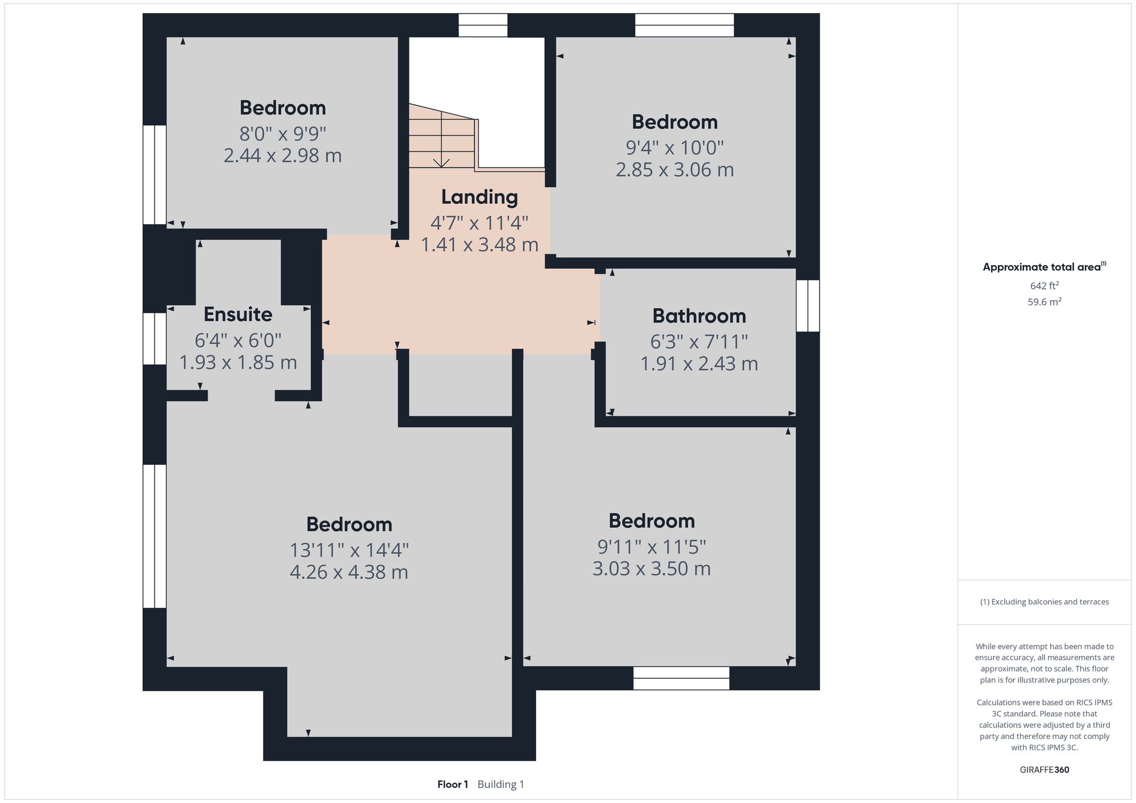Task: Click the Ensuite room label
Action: point(238,314)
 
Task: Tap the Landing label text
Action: point(479,197)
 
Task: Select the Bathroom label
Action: point(699,316)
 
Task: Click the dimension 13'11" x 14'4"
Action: point(349,550)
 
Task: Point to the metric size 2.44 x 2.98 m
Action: point(282,155)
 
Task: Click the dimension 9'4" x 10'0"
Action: point(674,148)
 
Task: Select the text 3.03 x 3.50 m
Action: point(651,569)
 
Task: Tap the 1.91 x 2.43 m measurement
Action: point(699,364)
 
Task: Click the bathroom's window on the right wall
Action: point(808,306)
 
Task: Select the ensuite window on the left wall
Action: point(154,339)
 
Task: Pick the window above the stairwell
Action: point(483,26)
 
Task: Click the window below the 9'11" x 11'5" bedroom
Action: point(681,678)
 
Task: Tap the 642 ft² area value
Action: point(1044,286)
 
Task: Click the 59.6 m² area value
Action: point(1044,302)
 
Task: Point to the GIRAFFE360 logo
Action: point(1044,770)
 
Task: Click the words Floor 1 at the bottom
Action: point(453,784)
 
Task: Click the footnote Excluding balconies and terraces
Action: point(1044,602)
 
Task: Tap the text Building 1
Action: point(500,784)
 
